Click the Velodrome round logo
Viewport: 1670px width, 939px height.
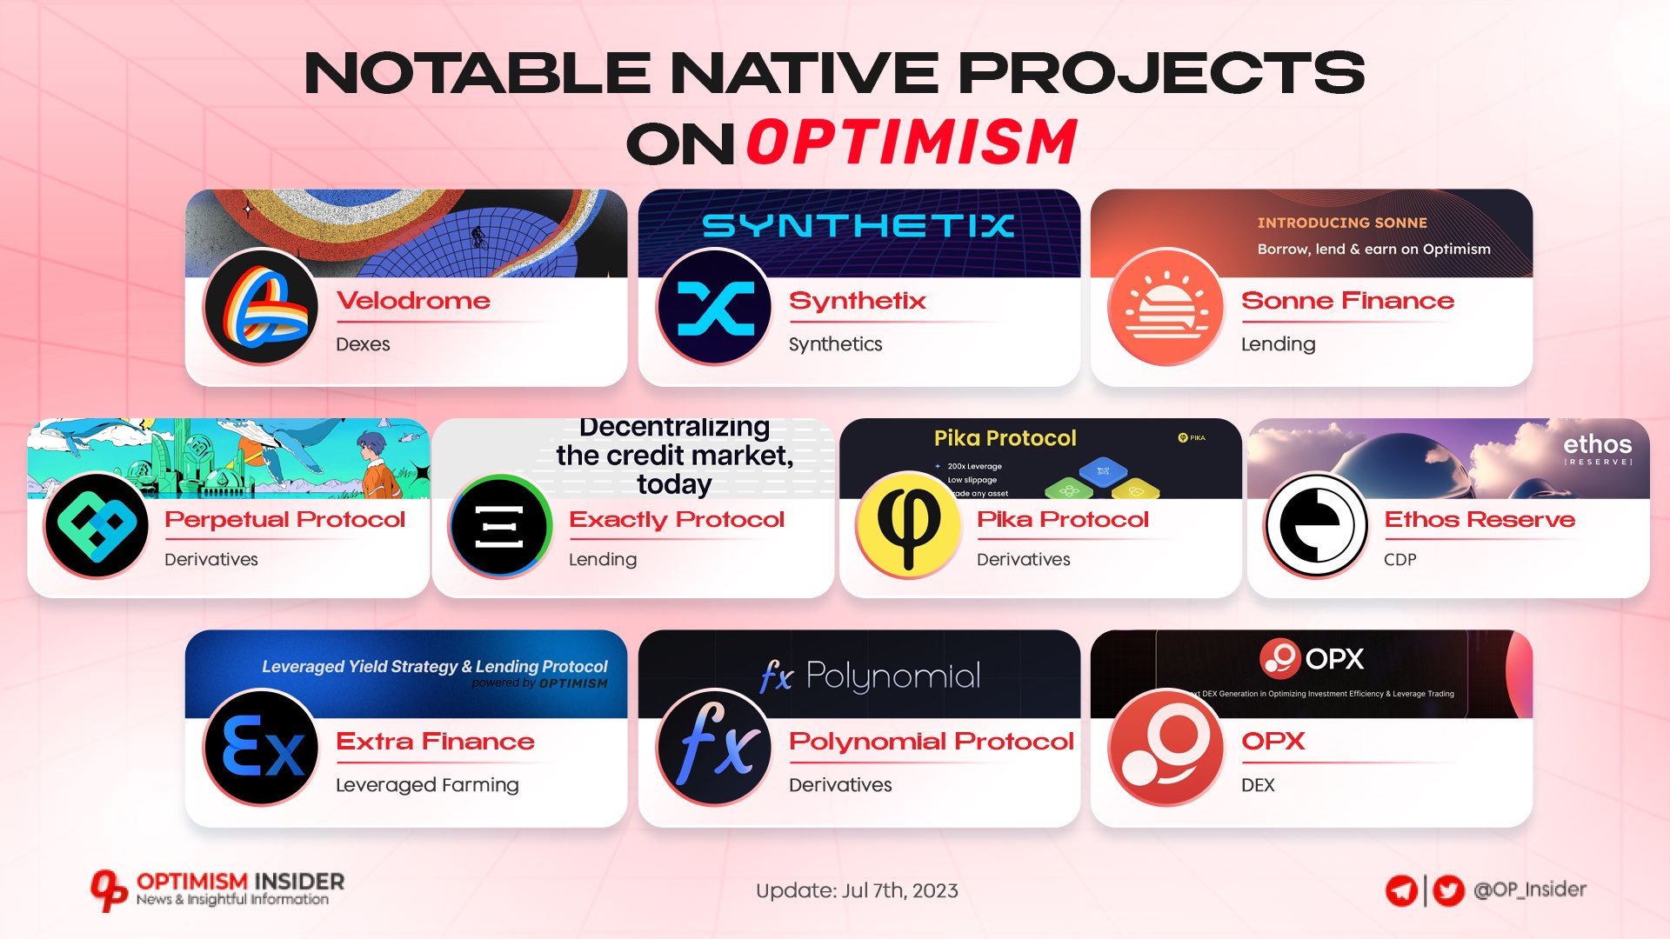tap(261, 306)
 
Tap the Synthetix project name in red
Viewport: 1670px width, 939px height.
tap(857, 301)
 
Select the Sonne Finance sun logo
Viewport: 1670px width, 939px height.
tap(1166, 306)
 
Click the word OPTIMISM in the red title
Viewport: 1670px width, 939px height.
tap(912, 142)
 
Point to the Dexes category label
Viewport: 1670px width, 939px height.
tap(363, 344)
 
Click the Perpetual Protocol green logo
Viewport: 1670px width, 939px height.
tap(97, 524)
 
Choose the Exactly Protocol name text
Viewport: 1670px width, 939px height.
tap(676, 520)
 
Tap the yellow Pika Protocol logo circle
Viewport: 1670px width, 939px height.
tap(908, 524)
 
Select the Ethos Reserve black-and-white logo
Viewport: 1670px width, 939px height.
tap(1315, 524)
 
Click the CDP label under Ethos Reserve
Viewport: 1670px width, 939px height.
tap(1399, 560)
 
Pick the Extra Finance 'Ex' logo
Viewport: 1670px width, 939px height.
tap(261, 747)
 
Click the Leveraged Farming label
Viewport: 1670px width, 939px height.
tap(427, 785)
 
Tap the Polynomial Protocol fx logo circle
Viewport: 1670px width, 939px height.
tap(714, 747)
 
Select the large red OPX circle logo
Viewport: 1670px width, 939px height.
tap(1166, 747)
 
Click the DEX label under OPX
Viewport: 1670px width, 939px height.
tap(1258, 785)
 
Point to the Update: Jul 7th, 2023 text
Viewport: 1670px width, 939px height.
tap(857, 891)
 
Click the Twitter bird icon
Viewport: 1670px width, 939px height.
tap(1448, 891)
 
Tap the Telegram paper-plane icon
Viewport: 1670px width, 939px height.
tap(1401, 891)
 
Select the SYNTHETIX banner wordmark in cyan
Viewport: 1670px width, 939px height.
tap(858, 226)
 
